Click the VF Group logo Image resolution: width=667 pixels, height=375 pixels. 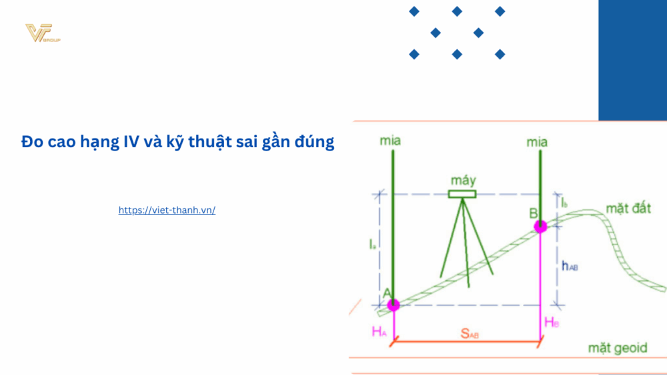(x=41, y=33)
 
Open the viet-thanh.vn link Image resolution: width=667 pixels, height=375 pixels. (x=167, y=210)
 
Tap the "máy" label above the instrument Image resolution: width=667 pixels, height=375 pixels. (x=463, y=181)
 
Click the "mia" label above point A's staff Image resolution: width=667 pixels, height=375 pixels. (x=390, y=141)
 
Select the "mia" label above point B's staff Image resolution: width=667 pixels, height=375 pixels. (x=537, y=142)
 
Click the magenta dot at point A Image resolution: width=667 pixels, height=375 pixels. (x=394, y=305)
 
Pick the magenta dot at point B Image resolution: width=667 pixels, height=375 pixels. (x=540, y=226)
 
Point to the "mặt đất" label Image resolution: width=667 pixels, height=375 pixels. (x=628, y=209)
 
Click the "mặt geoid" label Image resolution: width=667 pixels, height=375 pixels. (x=618, y=348)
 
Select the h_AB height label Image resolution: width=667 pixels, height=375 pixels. (x=569, y=266)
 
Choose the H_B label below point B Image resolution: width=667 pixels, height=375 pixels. (x=552, y=322)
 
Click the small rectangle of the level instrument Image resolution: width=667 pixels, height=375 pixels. (x=462, y=194)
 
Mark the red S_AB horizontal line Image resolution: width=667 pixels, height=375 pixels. (x=467, y=343)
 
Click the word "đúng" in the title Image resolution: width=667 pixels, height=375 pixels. (x=314, y=142)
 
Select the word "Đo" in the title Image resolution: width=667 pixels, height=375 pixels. (x=31, y=142)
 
